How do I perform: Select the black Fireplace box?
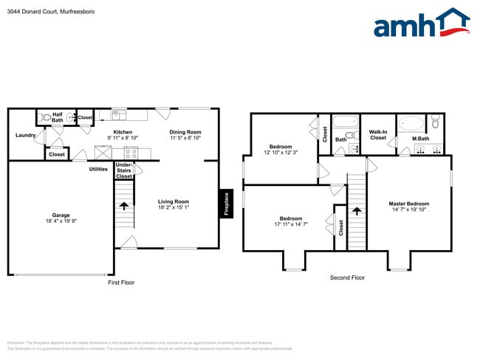224,204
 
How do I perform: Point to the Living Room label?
174,201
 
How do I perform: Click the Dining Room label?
185,132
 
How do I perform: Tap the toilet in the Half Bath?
46,117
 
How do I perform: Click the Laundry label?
26,135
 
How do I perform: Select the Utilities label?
98,169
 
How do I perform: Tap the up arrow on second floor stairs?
357,210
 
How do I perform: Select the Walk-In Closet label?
378,135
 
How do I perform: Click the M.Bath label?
420,139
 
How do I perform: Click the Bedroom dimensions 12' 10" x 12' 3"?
281,152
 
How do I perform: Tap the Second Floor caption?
347,278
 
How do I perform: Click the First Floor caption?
121,282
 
